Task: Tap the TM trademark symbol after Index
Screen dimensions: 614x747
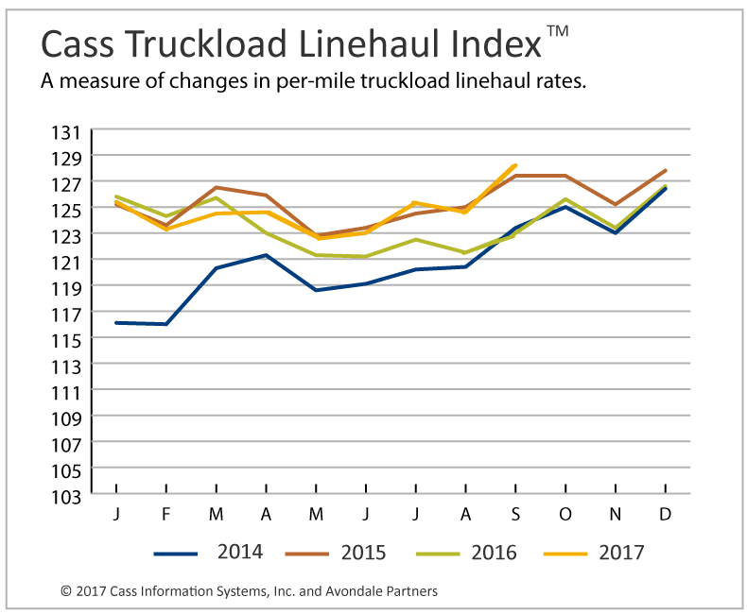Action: (558, 31)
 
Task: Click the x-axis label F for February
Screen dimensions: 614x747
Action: (166, 514)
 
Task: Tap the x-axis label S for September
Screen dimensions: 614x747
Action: (515, 514)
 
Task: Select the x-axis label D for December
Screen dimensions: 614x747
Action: (665, 514)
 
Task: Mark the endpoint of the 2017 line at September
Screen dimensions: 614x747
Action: (515, 165)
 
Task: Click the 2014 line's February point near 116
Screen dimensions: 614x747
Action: (166, 324)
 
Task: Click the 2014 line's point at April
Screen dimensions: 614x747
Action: (267, 255)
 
